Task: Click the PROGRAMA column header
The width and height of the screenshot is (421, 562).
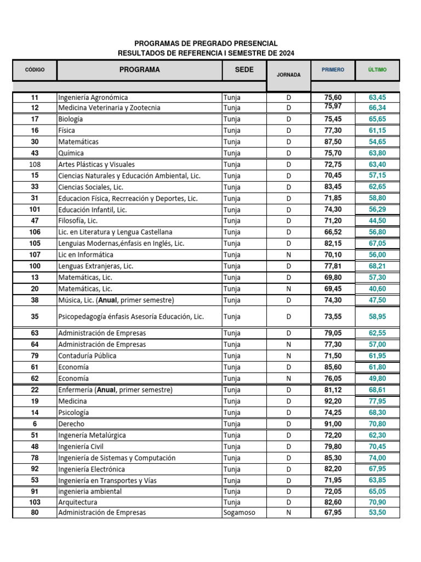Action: [x=140, y=70]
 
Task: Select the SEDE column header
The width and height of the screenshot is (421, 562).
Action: [x=244, y=70]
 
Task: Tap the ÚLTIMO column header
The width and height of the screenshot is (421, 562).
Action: [x=377, y=70]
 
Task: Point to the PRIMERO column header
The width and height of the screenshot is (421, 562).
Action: [x=333, y=70]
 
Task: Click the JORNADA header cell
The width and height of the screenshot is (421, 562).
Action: [x=288, y=75]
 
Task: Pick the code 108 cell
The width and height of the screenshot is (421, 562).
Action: [x=35, y=164]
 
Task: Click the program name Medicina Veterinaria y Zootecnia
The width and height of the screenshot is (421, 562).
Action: [x=109, y=108]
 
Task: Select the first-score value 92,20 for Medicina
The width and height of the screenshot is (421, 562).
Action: [x=333, y=401]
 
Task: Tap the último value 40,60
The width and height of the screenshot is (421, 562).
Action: [x=377, y=288]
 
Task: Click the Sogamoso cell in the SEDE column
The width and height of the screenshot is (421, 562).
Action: [x=239, y=513]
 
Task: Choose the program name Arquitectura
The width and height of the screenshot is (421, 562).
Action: [x=78, y=502]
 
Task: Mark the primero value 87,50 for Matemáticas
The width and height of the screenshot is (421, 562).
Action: [x=333, y=142]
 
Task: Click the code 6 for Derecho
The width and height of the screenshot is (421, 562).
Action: [x=35, y=424]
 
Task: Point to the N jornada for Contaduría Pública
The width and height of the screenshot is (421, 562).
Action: [x=288, y=356]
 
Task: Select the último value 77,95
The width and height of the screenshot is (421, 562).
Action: [x=377, y=401]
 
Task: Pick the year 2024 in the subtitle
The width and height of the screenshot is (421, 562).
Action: [x=285, y=53]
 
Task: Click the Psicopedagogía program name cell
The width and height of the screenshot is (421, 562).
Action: [x=131, y=317]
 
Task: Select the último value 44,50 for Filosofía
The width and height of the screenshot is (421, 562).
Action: [x=377, y=221]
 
